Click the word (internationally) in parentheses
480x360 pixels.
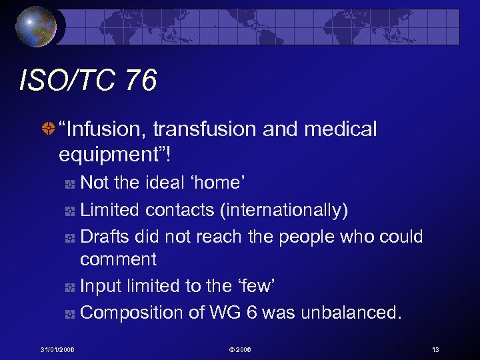point(284,210)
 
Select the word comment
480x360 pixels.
point(118,259)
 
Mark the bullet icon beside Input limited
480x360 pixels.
point(71,287)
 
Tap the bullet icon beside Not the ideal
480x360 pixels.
point(71,184)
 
